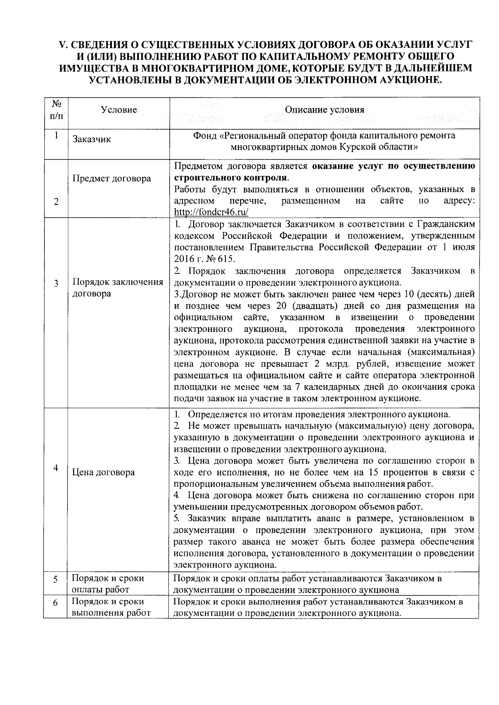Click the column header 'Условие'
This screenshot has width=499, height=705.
[x=119, y=110]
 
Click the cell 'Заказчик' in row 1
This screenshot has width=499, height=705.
[x=92, y=140]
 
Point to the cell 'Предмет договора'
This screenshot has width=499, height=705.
[x=112, y=179]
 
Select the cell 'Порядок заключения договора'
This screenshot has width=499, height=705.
[x=118, y=288]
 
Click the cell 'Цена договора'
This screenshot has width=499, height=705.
[x=104, y=472]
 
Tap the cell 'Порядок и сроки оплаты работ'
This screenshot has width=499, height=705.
[x=108, y=584]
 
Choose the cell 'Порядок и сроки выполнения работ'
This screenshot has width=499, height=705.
[x=111, y=607]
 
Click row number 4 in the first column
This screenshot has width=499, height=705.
[x=56, y=467]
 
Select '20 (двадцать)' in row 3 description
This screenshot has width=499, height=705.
[x=308, y=306]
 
